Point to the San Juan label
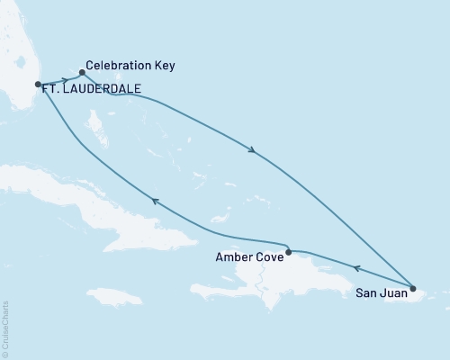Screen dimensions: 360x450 379,292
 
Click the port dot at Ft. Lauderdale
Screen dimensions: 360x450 38,85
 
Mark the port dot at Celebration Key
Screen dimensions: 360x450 82,73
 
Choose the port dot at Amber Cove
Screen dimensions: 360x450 288,253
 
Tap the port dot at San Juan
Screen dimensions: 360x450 413,289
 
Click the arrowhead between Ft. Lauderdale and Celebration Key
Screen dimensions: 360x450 65,80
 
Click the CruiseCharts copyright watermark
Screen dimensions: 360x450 5,328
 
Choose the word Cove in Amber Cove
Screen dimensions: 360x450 267,256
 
